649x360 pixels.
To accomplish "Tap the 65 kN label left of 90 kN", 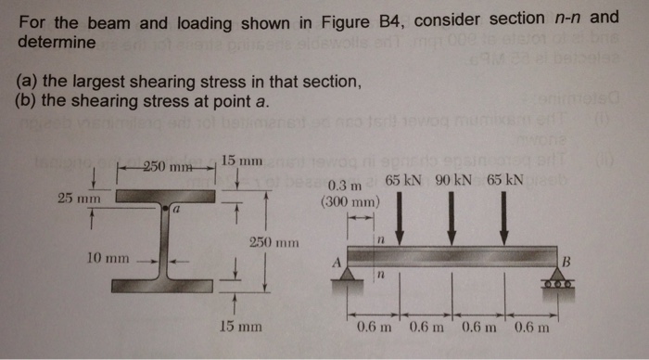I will click(402, 178).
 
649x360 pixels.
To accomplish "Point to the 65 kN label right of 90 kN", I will click(504, 178).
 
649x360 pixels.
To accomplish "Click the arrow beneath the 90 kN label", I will click(452, 213).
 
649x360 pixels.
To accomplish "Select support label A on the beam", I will click(337, 262).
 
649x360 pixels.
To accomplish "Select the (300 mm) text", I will click(349, 200).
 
